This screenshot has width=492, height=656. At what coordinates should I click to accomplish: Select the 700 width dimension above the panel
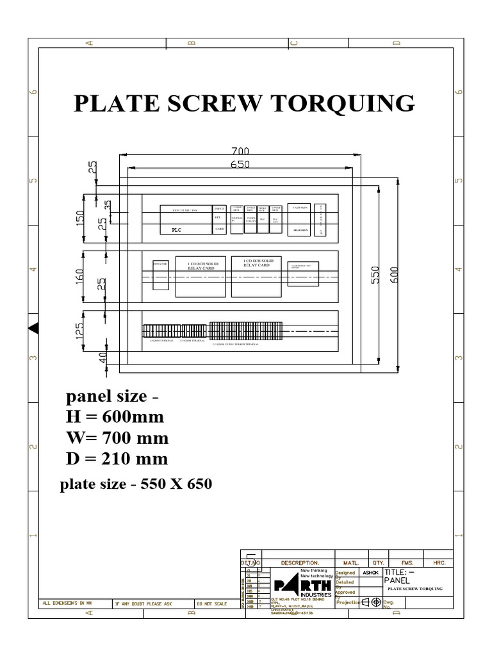point(240,151)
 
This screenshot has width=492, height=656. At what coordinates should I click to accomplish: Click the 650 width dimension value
point(240,164)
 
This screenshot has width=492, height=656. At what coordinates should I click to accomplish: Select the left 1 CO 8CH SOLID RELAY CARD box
point(200,280)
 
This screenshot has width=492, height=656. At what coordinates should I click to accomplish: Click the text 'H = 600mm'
point(115,417)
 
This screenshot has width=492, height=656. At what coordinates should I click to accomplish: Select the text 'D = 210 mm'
point(117,459)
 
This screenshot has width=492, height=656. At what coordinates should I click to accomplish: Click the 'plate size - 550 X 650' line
point(135,485)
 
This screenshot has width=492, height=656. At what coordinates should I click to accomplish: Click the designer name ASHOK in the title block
point(370,573)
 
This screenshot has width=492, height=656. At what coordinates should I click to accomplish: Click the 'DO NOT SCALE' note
point(211,603)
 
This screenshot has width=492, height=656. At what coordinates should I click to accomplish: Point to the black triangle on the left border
point(33,328)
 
